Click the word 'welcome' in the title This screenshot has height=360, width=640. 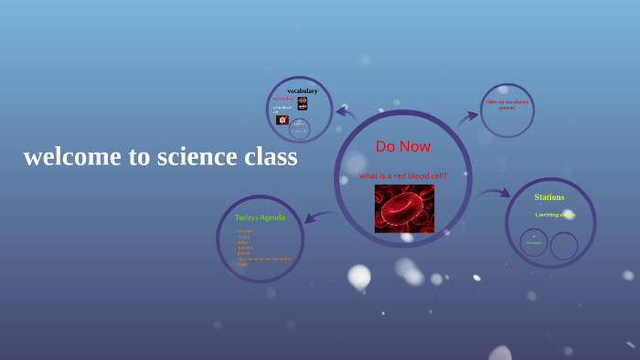(x=72, y=157)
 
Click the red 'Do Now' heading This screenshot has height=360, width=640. (x=402, y=146)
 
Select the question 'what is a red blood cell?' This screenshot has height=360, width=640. (x=402, y=175)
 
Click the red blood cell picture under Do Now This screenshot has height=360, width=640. (x=404, y=208)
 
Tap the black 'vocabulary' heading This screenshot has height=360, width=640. (x=302, y=90)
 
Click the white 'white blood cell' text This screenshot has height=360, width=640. (x=282, y=110)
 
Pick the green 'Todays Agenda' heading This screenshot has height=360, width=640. (x=260, y=217)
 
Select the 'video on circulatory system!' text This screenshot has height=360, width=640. (x=507, y=104)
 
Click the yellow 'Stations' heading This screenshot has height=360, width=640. (x=549, y=197)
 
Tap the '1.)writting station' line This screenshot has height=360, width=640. (x=554, y=215)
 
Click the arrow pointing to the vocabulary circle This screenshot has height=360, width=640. (x=346, y=113)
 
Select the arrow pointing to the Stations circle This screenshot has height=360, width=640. (x=494, y=193)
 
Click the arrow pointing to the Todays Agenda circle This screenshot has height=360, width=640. (x=319, y=217)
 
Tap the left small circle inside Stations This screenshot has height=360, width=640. (x=534, y=242)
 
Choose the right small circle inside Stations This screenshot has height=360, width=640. (x=564, y=246)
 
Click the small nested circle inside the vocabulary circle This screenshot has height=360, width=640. (x=299, y=129)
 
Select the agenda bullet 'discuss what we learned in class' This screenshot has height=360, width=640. (x=265, y=259)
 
